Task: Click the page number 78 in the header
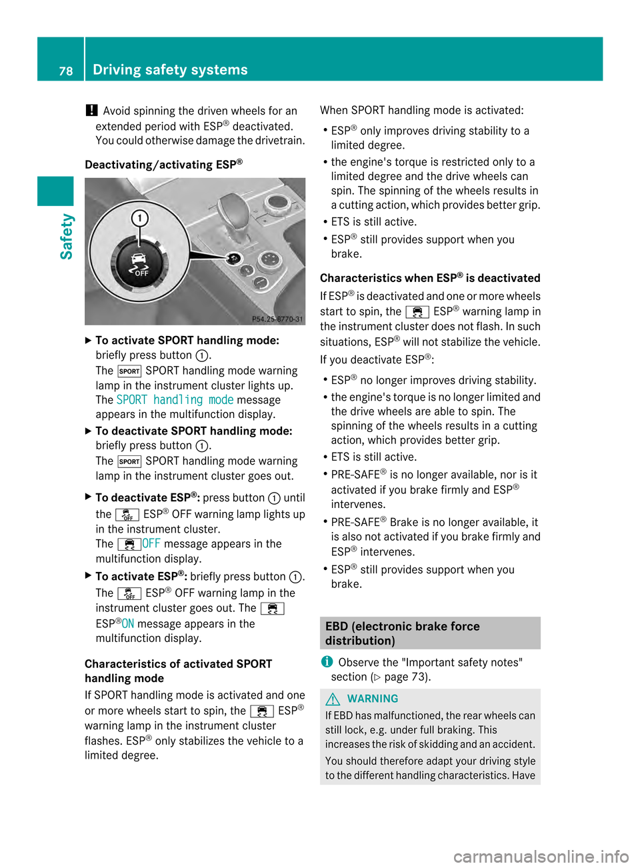(x=65, y=71)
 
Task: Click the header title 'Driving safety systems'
(x=170, y=70)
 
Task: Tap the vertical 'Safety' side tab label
(x=67, y=237)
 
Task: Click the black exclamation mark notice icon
(x=91, y=111)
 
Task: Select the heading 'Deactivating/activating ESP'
(x=163, y=164)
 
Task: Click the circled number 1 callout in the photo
(x=139, y=218)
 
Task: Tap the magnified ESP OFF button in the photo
(x=139, y=265)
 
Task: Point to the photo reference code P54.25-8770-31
(x=277, y=319)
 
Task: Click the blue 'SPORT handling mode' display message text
(x=175, y=400)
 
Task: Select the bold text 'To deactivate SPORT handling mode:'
(x=193, y=431)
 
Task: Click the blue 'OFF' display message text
(x=151, y=544)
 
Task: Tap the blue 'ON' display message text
(x=128, y=624)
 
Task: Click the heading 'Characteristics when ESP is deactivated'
(x=430, y=278)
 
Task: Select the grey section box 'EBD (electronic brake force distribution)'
(x=430, y=633)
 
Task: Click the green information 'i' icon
(x=327, y=662)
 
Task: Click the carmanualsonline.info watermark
(x=541, y=856)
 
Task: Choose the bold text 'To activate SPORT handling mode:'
(x=187, y=341)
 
